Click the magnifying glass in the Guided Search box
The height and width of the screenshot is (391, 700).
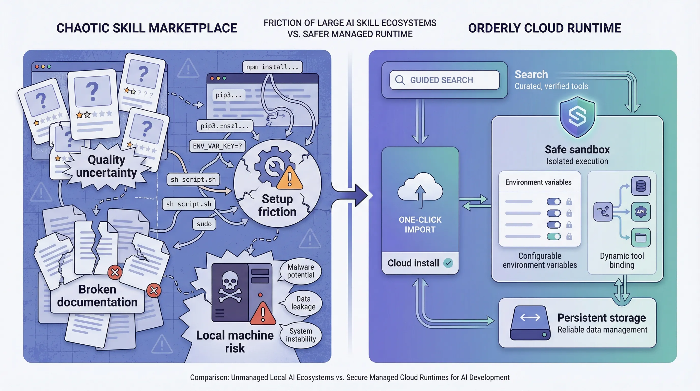pos(400,80)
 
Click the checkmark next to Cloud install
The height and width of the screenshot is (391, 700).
pos(448,263)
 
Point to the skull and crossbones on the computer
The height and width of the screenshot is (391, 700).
pos(230,287)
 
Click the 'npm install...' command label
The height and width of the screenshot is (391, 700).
pos(272,67)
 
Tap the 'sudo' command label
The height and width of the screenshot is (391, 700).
pos(204,224)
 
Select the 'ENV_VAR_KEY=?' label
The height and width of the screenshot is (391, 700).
pos(217,146)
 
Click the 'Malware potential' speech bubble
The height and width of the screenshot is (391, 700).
pos(301,271)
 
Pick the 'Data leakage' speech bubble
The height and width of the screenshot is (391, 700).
pos(303,303)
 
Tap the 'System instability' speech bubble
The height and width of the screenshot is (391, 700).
pos(301,335)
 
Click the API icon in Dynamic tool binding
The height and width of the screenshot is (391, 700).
pos(640,212)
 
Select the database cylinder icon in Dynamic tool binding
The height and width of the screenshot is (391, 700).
pos(640,186)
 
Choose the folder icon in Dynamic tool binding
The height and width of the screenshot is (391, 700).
pos(640,237)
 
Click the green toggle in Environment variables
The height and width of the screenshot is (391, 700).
pos(553,236)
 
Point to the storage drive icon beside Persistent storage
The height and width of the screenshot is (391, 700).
pos(530,323)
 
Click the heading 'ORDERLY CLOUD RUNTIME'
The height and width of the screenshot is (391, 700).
pos(545,28)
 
